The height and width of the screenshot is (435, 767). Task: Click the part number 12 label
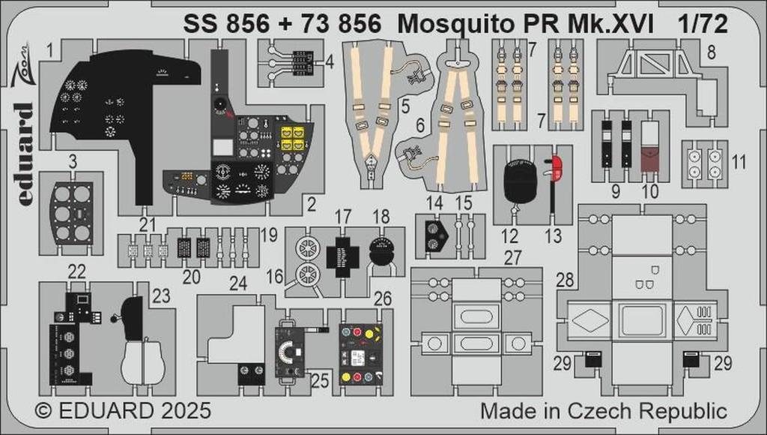pyautogui.click(x=509, y=236)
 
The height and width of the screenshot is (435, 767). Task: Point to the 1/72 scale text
pyautogui.click(x=705, y=25)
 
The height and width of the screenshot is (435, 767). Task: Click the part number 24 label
pyautogui.click(x=238, y=283)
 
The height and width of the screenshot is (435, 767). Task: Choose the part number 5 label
pyautogui.click(x=404, y=106)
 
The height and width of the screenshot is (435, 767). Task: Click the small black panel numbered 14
pyautogui.click(x=435, y=235)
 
